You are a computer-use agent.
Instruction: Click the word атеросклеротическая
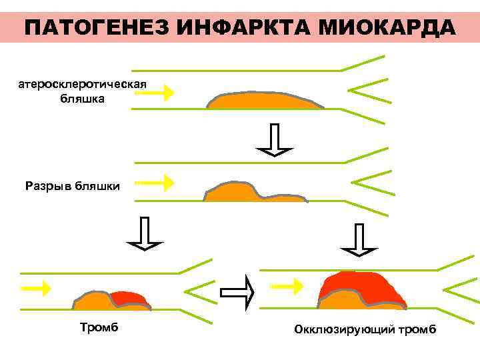(81, 85)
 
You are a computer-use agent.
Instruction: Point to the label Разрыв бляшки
(73, 186)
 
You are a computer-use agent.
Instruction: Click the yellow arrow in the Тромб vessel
(36, 289)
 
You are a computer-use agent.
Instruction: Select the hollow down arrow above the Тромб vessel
(145, 233)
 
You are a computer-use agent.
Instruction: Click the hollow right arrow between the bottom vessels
(238, 292)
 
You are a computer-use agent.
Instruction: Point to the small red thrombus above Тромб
(130, 297)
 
